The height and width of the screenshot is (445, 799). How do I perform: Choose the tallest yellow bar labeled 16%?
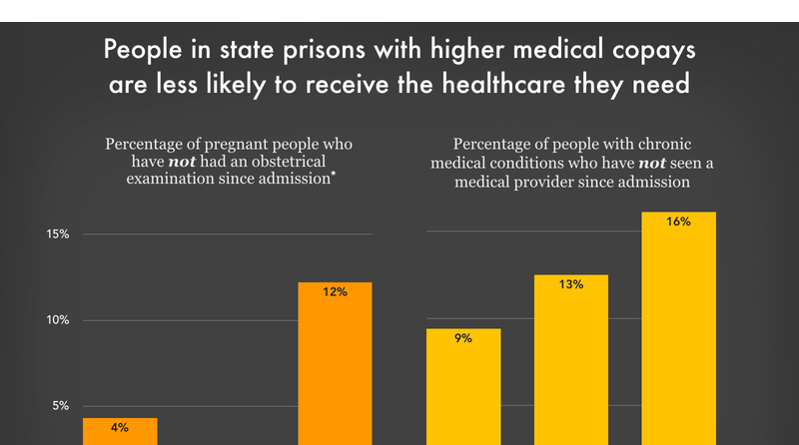click(678, 329)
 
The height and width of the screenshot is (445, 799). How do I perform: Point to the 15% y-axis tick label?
click(54, 234)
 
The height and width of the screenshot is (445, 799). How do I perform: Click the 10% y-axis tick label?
click(54, 320)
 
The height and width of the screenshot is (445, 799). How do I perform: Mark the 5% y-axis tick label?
click(58, 406)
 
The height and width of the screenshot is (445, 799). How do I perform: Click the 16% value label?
click(678, 222)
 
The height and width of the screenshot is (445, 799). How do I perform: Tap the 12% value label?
click(335, 292)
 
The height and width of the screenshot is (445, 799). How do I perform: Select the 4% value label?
click(120, 428)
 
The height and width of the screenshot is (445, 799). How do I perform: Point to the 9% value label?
click(463, 338)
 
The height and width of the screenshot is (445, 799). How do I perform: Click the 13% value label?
click(571, 284)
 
